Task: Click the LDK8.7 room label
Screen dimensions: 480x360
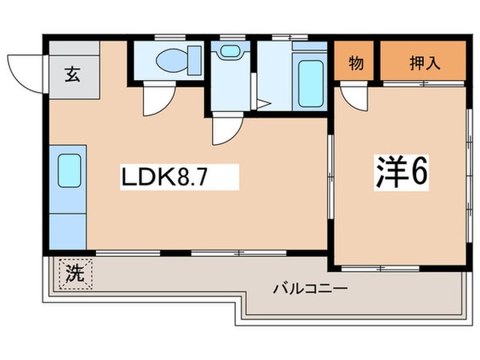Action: click(x=165, y=178)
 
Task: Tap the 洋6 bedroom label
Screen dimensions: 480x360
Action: click(x=402, y=172)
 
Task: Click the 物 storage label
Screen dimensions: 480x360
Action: click(x=356, y=63)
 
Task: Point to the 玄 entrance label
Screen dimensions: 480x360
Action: click(x=73, y=74)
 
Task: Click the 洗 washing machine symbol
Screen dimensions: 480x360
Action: click(x=75, y=274)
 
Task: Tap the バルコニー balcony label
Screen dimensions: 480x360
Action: click(x=310, y=289)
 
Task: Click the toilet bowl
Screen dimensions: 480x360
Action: click(x=172, y=60)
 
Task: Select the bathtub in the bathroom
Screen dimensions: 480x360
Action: click(x=310, y=83)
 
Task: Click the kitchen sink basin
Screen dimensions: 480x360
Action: click(x=70, y=170)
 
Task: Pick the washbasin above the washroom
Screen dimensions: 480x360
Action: click(x=230, y=50)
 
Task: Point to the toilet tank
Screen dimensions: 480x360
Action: click(x=194, y=60)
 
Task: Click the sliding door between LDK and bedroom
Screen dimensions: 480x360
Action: click(x=330, y=177)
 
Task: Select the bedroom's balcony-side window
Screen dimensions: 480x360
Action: click(x=380, y=269)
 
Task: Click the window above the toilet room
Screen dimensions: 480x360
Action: click(x=170, y=38)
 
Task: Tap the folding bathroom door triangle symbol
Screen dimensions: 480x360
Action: click(x=262, y=104)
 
